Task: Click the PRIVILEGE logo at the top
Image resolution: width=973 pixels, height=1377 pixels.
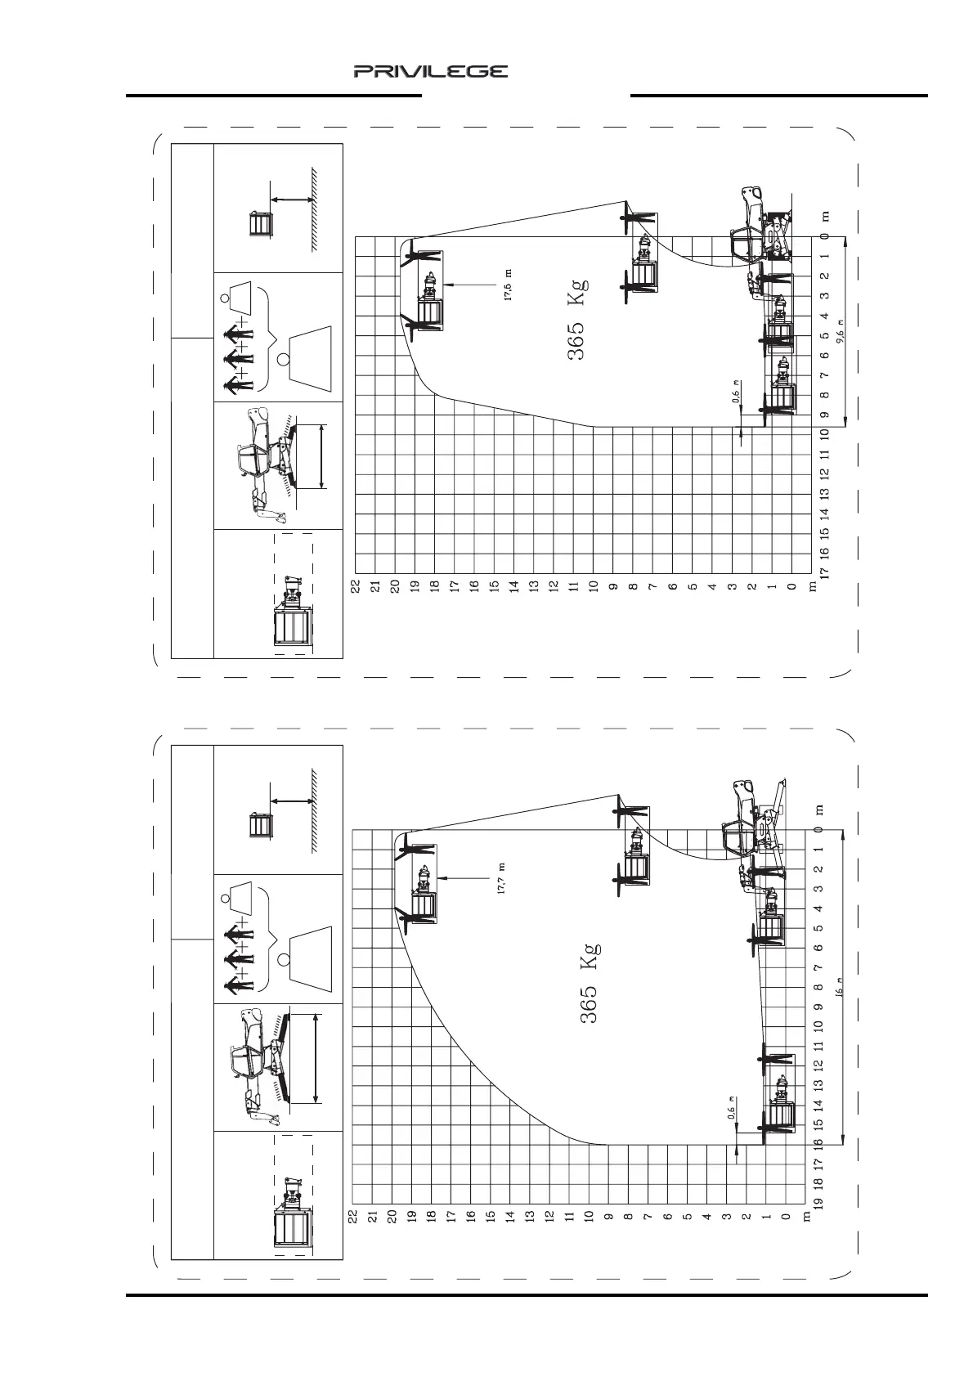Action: click(430, 72)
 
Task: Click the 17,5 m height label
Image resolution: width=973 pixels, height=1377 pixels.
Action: click(509, 285)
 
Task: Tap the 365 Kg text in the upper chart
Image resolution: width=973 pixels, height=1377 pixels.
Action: click(577, 319)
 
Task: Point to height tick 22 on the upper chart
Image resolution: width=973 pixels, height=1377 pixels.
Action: click(356, 586)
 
